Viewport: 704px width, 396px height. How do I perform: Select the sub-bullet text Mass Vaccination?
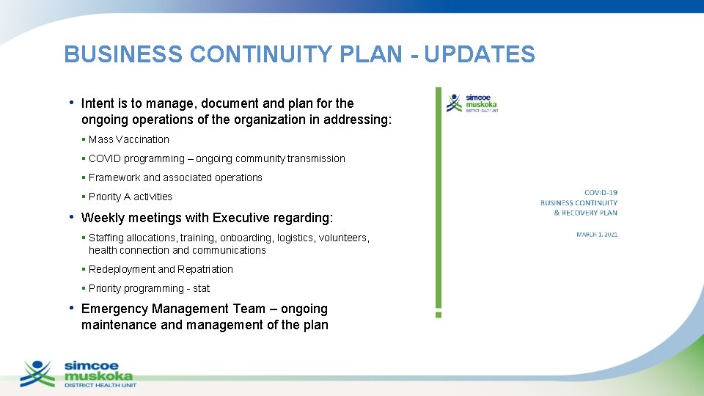(x=129, y=139)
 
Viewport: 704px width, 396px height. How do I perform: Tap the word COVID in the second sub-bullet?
(x=105, y=158)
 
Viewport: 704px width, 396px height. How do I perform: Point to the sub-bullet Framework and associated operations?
(x=175, y=177)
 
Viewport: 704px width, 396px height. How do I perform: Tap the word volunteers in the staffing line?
(x=344, y=238)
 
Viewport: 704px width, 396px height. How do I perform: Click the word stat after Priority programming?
(x=202, y=288)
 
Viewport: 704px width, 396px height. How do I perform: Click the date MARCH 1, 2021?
(x=597, y=234)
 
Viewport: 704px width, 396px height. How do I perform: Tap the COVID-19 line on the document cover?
(x=601, y=193)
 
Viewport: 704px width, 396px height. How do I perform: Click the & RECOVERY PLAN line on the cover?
(x=585, y=213)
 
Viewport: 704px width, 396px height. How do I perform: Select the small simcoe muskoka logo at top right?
(x=472, y=103)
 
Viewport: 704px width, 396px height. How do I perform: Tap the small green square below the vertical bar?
(x=439, y=314)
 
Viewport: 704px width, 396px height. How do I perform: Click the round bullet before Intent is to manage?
(x=71, y=103)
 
